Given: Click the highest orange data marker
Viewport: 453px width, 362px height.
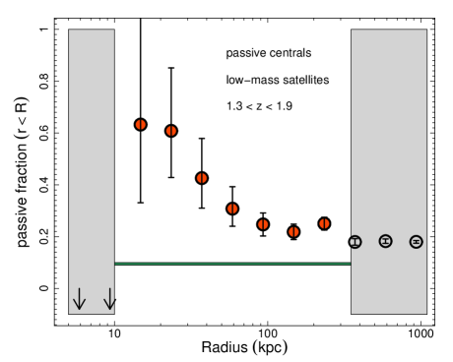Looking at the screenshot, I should pos(141,125).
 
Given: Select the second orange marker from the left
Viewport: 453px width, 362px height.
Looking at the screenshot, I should pos(171,131).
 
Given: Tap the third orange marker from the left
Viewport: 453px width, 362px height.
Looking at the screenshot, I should pos(202,178).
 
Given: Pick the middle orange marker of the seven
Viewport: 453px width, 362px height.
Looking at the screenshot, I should pos(232,209).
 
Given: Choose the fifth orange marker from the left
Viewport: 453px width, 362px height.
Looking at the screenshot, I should pos(263,224).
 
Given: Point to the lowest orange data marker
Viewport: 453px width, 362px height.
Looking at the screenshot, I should pos(293,232).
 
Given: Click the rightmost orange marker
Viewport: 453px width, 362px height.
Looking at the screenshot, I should pos(324,223).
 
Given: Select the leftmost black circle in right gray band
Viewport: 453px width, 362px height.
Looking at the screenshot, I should pos(356,242).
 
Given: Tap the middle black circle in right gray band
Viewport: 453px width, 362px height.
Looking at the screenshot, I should pos(386,241).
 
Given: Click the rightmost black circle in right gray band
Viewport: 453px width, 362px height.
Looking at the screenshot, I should pos(417,242).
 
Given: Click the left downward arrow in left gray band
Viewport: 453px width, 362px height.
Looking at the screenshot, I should pos(80,299).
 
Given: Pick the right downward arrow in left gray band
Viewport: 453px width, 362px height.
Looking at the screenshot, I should pos(109,299).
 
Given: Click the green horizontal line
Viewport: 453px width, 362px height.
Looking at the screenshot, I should pos(232,264).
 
